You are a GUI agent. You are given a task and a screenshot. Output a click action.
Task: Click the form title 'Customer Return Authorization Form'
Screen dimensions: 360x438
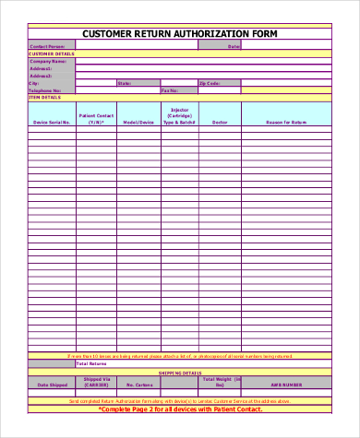click(x=179, y=34)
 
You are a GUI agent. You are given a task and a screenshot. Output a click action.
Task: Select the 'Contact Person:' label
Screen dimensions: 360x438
click(x=47, y=46)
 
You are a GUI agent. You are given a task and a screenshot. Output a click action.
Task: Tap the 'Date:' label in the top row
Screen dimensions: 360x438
click(x=234, y=46)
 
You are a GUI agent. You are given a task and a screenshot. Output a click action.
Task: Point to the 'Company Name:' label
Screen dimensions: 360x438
click(x=48, y=61)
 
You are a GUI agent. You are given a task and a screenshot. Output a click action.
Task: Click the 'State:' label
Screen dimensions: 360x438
click(x=123, y=83)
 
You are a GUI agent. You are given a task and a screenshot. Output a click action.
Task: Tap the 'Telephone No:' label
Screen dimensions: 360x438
click(x=45, y=90)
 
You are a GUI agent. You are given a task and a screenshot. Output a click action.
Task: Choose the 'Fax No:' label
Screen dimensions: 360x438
click(x=170, y=90)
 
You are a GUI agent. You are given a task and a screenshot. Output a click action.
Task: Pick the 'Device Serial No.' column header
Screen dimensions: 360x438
click(x=52, y=122)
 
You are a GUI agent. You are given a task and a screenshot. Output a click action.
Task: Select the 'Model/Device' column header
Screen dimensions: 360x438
click(x=138, y=122)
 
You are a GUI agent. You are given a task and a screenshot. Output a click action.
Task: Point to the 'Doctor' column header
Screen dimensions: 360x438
click(x=220, y=122)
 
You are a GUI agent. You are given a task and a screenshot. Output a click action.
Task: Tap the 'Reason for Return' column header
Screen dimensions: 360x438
click(x=285, y=122)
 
